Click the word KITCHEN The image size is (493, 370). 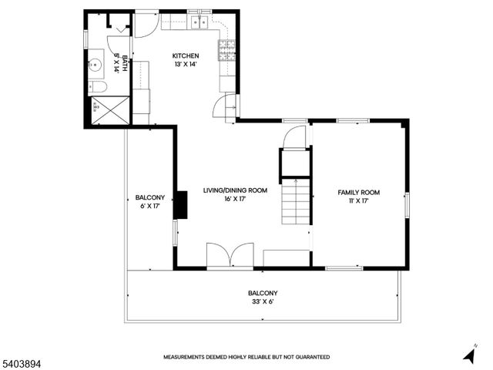(186, 55)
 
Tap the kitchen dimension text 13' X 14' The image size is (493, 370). (186, 64)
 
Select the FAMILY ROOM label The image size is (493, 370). (359, 192)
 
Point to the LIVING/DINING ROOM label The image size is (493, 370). (235, 190)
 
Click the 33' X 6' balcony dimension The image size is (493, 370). (263, 302)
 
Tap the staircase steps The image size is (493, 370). (295, 200)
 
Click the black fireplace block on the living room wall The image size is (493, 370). (181, 204)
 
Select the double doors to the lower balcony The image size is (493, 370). (230, 256)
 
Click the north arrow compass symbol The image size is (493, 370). (468, 354)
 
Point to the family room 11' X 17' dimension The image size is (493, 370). (359, 200)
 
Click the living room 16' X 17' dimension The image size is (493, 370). (235, 198)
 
